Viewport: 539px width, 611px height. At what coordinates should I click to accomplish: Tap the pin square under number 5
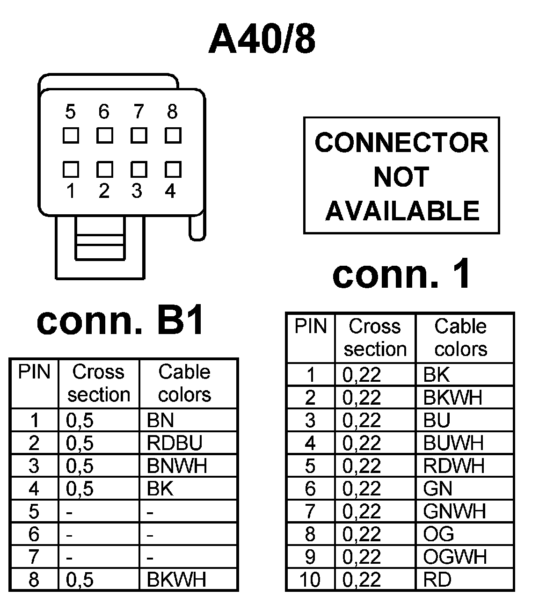(71, 136)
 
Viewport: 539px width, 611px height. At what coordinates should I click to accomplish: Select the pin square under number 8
(173, 136)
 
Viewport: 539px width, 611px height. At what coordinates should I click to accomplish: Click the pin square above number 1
(71, 169)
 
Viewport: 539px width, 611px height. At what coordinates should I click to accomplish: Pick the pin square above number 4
(173, 169)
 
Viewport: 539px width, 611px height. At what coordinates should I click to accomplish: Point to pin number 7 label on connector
(138, 112)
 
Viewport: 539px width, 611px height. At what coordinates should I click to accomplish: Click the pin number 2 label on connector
(104, 191)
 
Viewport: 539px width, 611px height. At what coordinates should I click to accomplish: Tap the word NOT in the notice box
(401, 177)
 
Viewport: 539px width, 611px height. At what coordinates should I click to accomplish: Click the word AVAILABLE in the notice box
(402, 211)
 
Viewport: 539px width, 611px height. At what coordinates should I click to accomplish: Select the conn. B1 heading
(120, 321)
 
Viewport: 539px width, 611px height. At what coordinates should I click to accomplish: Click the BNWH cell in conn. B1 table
(176, 466)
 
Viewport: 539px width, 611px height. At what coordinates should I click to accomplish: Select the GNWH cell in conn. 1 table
(454, 511)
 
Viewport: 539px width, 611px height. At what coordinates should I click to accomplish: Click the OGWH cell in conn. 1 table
(455, 557)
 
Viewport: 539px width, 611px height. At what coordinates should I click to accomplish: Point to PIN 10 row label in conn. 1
(310, 580)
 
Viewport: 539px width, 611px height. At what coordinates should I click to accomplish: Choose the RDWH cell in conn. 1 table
(453, 466)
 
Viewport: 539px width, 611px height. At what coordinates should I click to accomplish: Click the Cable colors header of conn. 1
(461, 337)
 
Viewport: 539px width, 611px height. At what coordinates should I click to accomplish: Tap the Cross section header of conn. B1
(99, 383)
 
